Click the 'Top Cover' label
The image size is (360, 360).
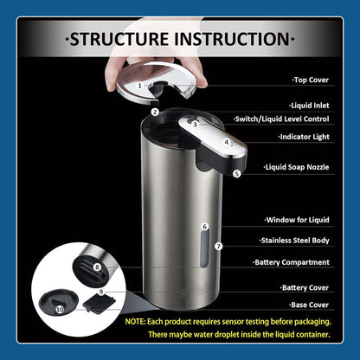click(x=311, y=80)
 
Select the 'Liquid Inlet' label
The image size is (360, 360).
click(x=309, y=106)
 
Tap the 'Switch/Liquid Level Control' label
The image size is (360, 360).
click(x=281, y=119)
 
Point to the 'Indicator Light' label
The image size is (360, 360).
click(x=304, y=137)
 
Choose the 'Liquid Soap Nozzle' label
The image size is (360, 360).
click(x=296, y=167)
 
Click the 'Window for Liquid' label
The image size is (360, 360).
click(x=297, y=220)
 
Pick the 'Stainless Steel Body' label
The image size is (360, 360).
click(x=294, y=241)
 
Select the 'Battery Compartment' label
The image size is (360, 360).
click(x=291, y=262)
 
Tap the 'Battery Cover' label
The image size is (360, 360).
click(x=305, y=287)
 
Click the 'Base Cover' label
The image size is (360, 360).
click(x=309, y=305)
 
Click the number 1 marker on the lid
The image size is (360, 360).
click(x=140, y=86)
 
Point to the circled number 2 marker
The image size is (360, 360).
click(x=155, y=112)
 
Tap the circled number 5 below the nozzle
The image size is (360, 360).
click(x=236, y=174)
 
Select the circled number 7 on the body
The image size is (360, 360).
click(x=218, y=246)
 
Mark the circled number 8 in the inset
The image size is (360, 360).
click(x=97, y=267)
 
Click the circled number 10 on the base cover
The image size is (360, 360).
click(x=60, y=310)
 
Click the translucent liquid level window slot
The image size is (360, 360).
click(x=204, y=248)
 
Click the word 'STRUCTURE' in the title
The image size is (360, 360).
click(x=119, y=39)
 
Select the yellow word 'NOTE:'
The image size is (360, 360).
click(x=135, y=322)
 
